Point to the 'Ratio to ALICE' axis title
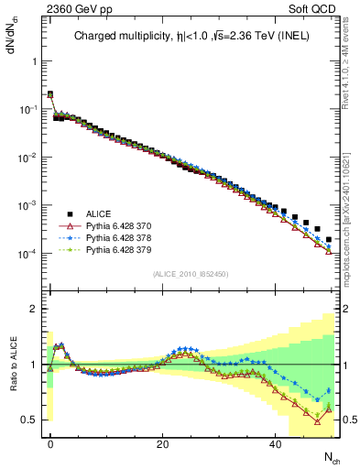11,365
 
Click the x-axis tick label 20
162,442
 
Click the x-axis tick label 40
275,442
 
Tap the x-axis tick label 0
50,442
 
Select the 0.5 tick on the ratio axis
29,420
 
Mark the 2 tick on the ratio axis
33,309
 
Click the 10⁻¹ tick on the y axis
27,109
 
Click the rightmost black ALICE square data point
329,240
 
